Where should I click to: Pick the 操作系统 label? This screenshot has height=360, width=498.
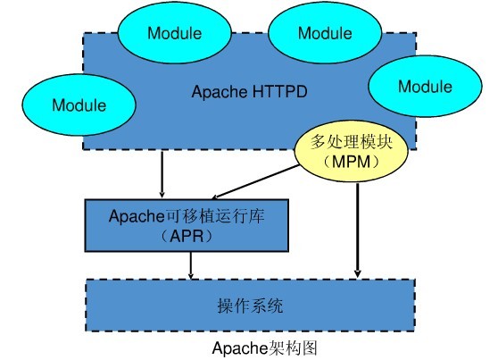coord(250,306)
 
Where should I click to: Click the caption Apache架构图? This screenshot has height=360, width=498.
coord(265,347)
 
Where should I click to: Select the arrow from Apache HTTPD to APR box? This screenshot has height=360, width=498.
coord(162,174)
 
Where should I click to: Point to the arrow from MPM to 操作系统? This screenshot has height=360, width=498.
coord(358,223)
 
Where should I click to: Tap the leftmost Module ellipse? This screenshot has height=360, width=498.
coord(79,105)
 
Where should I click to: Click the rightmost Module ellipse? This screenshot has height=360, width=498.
coord(425,87)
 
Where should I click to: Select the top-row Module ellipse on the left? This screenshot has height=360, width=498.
coord(176,34)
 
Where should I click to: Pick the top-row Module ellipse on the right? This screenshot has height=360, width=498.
coord(325,34)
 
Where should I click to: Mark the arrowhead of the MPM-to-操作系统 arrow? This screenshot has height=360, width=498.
coord(358,273)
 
